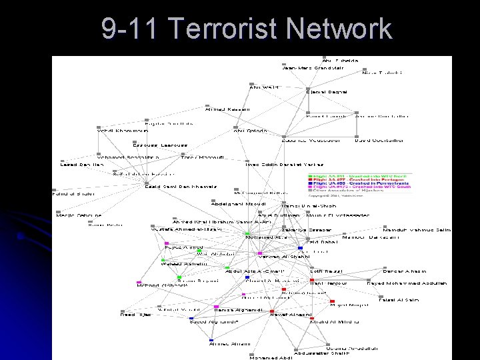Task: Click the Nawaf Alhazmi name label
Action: coord(292,313)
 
